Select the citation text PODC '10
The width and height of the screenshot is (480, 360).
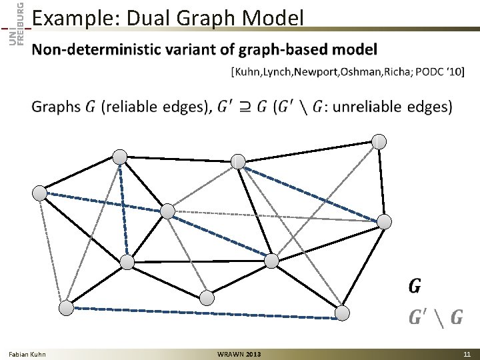439,72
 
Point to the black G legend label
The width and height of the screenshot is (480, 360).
414,286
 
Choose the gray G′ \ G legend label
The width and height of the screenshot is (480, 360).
435,317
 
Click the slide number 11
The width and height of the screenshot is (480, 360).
467,354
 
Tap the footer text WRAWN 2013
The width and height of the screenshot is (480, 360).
239,354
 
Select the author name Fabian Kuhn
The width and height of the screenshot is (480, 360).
27,354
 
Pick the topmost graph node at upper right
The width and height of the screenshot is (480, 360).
378,141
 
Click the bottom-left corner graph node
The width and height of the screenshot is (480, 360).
66,308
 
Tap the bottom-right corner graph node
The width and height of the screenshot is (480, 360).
342,313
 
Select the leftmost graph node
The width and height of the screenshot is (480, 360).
40,193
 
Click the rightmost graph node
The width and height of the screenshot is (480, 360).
385,221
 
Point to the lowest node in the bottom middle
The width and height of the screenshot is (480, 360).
207,297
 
